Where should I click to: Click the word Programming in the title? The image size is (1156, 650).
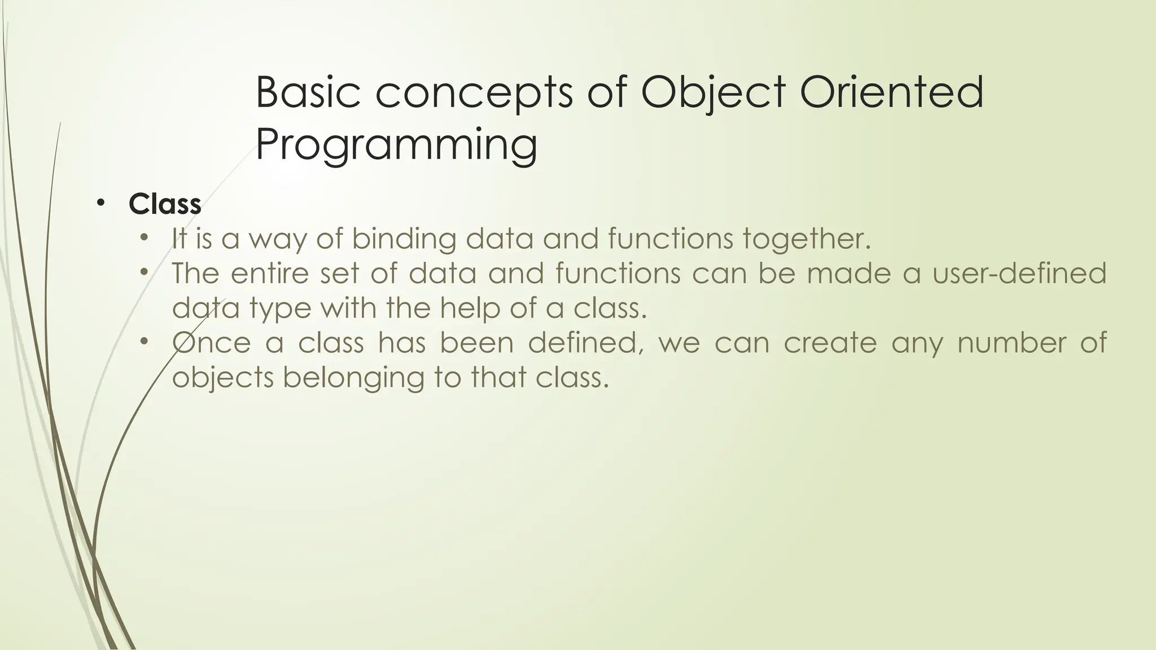[x=396, y=145]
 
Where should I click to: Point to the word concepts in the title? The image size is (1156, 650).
[x=474, y=93]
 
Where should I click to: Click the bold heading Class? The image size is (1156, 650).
[x=165, y=204]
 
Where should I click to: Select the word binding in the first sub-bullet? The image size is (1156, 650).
[x=404, y=239]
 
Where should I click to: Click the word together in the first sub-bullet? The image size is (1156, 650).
[x=807, y=239]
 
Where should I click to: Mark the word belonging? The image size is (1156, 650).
[x=353, y=377]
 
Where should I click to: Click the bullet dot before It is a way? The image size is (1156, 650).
[x=144, y=238]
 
